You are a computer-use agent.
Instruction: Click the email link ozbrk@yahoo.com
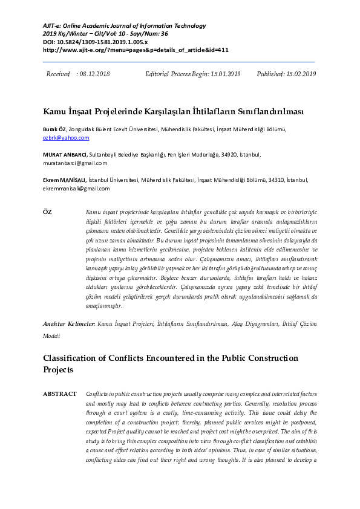coord(65,138)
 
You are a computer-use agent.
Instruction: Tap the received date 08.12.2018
coord(95,74)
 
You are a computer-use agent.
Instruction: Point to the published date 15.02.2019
coord(301,74)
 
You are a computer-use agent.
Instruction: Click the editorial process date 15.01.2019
coord(226,74)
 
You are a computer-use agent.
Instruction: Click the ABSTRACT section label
coord(59,394)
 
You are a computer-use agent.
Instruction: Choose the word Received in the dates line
coord(58,74)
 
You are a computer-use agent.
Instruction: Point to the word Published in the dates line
coord(270,74)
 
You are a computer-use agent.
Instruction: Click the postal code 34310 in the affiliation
coord(275,180)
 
